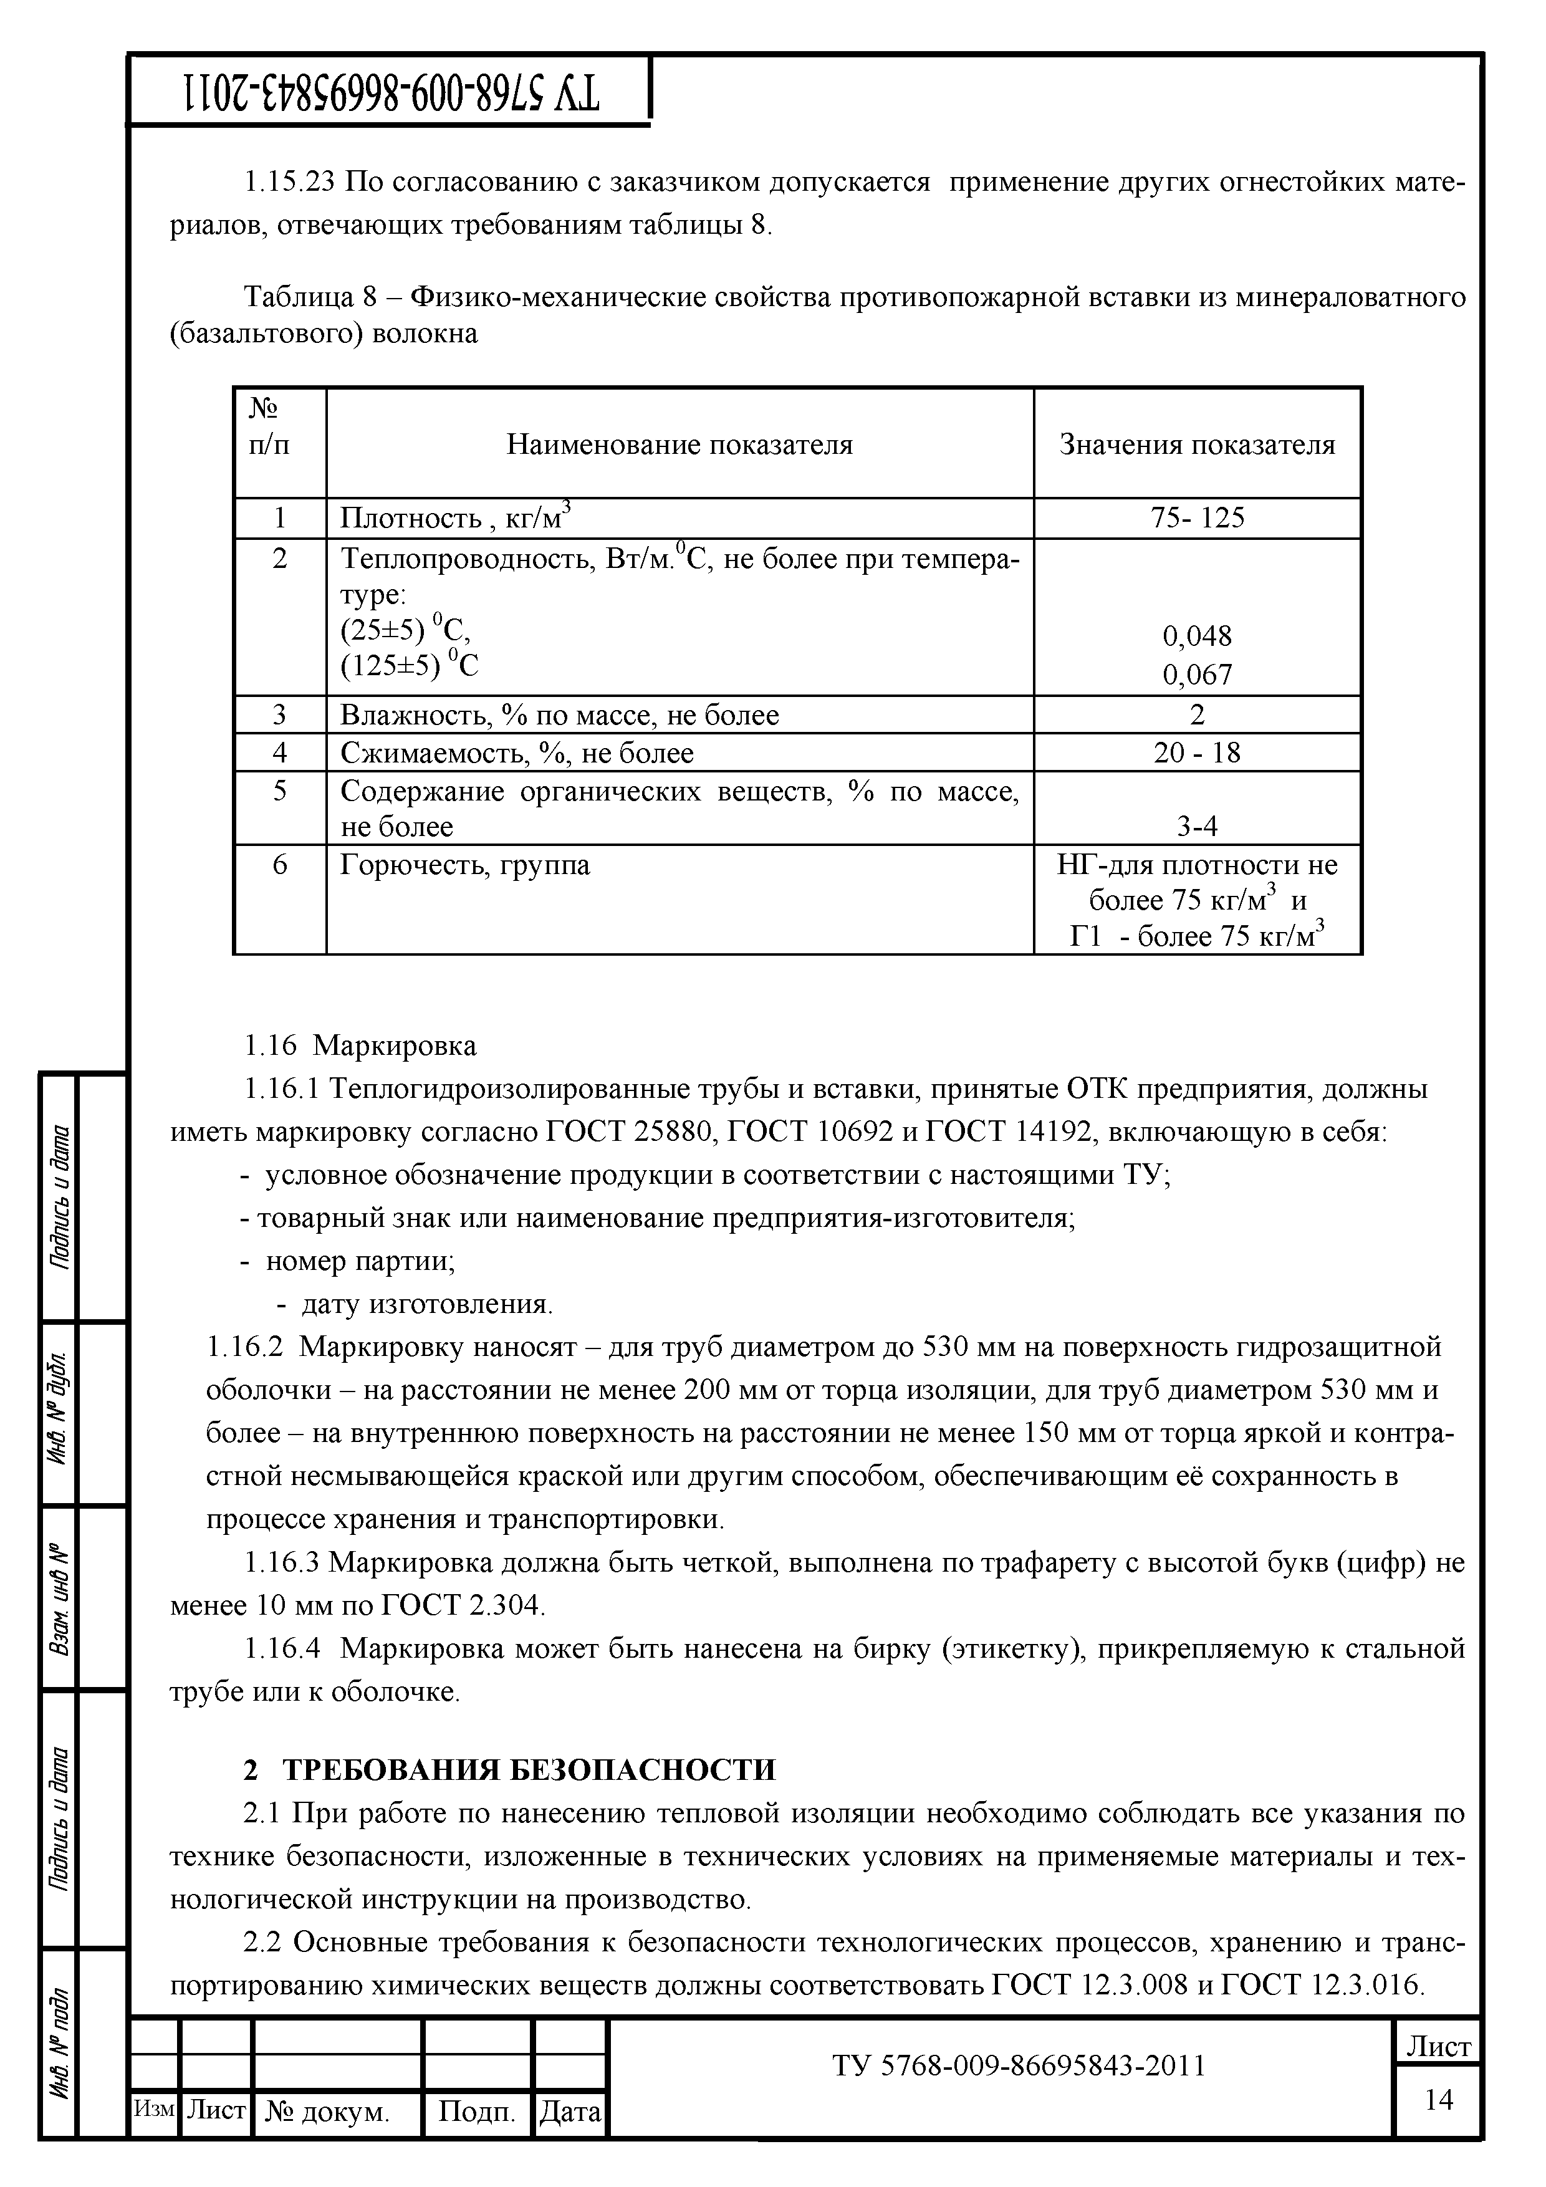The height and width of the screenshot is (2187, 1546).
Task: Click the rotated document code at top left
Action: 390,92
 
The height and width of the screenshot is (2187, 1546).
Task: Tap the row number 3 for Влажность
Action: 279,714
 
